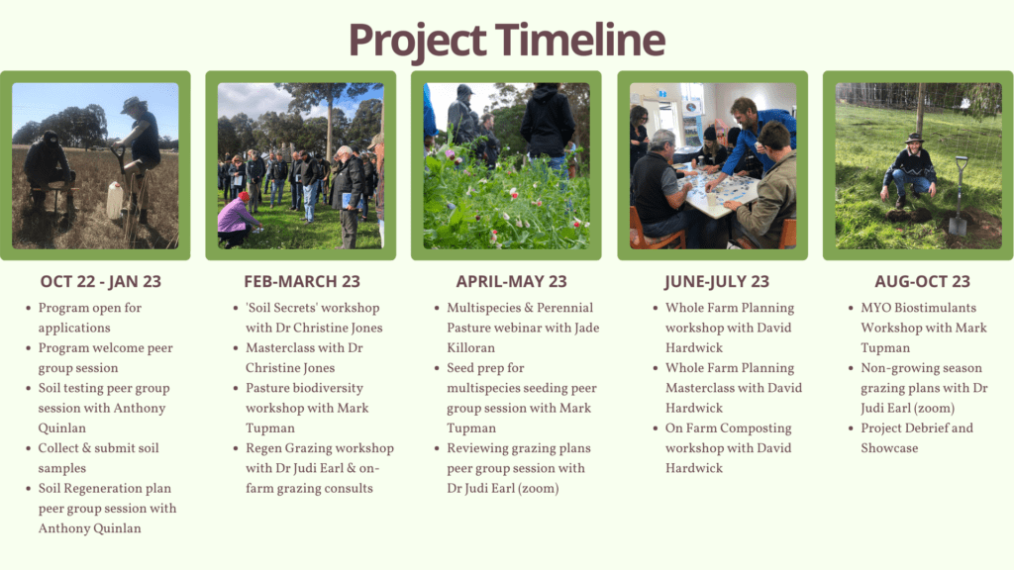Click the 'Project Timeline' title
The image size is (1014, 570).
pyautogui.click(x=506, y=40)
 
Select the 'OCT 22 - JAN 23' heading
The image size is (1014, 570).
pyautogui.click(x=101, y=282)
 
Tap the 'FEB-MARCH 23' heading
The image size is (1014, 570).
pyautogui.click(x=302, y=282)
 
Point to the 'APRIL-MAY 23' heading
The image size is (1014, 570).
pyautogui.click(x=511, y=282)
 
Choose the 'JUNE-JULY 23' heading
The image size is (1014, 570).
pyautogui.click(x=718, y=282)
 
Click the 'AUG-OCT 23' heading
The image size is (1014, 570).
pyautogui.click(x=922, y=282)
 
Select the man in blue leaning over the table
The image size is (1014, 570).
pyautogui.click(x=755, y=139)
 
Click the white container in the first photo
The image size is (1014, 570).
pyautogui.click(x=115, y=201)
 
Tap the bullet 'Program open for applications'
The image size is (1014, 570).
pyautogui.click(x=89, y=318)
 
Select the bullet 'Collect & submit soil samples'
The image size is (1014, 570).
pyautogui.click(x=98, y=458)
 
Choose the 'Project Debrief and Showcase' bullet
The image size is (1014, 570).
pyautogui.click(x=916, y=438)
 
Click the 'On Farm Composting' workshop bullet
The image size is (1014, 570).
pyautogui.click(x=728, y=448)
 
